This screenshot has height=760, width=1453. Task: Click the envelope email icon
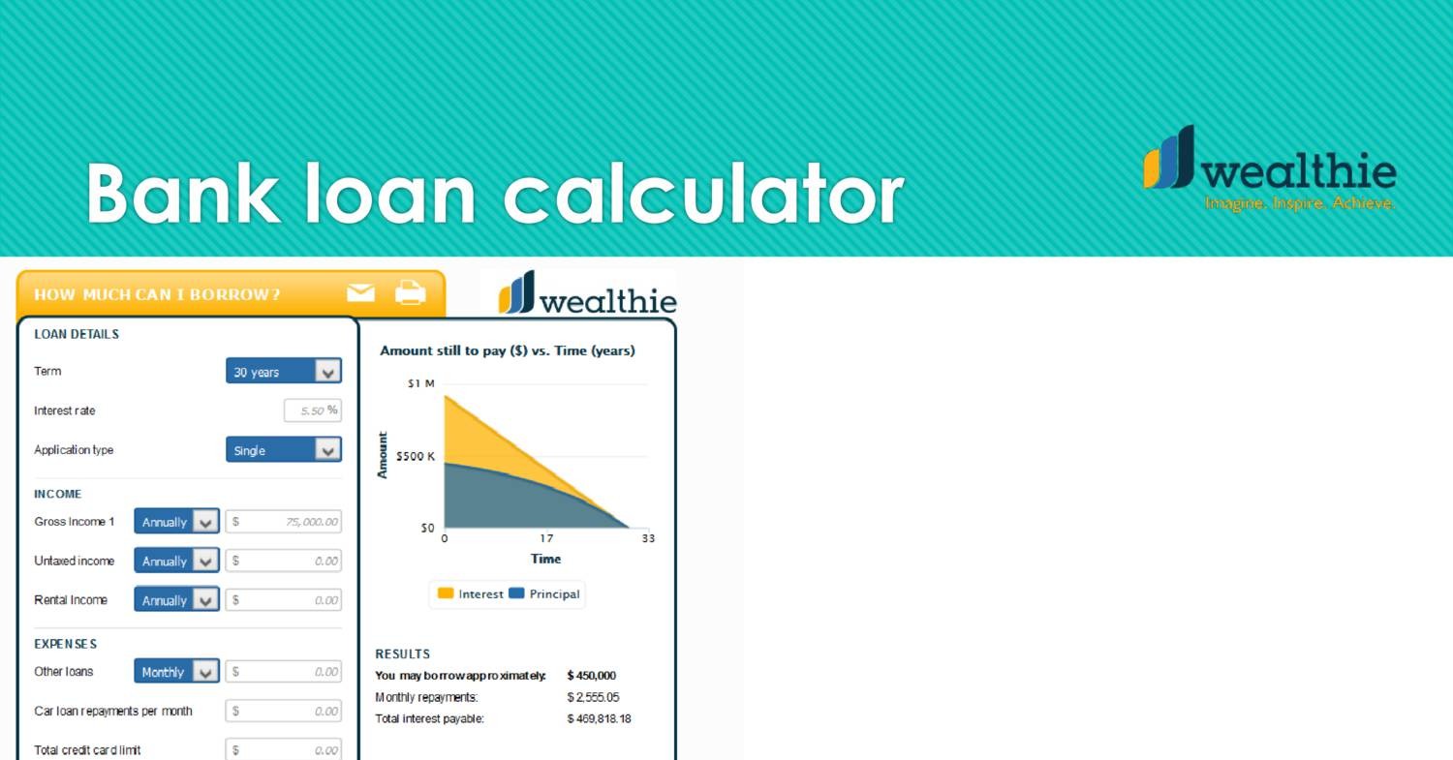(x=360, y=293)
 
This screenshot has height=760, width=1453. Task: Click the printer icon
(x=411, y=292)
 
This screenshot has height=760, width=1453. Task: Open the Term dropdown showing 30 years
(x=284, y=371)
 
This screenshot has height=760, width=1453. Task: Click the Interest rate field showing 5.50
(x=313, y=410)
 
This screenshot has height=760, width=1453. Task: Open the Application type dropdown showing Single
(x=284, y=449)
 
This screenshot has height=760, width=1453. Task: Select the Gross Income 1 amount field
(x=284, y=522)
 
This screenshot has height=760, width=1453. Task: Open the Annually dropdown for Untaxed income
(x=176, y=561)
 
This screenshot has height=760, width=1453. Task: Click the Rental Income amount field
(x=284, y=600)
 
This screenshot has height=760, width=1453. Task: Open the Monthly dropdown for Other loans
(x=176, y=671)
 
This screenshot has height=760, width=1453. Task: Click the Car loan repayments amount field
(x=284, y=711)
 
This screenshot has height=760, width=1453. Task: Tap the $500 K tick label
(x=416, y=457)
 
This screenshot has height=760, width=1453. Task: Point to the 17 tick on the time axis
(x=546, y=538)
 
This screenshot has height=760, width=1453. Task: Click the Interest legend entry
(x=470, y=594)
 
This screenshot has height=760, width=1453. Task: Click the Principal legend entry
(x=544, y=594)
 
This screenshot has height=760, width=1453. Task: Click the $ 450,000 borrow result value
(x=592, y=676)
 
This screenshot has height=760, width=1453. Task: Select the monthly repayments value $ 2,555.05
(x=593, y=697)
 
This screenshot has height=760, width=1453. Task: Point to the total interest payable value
(x=599, y=718)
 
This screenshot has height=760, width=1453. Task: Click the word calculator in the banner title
(x=704, y=194)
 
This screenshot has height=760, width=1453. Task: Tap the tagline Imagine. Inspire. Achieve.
(x=1299, y=203)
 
